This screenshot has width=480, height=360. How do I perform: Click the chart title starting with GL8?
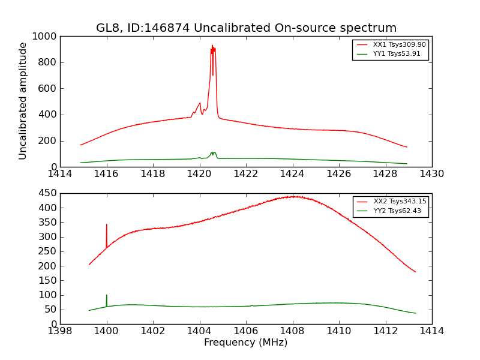[246, 28]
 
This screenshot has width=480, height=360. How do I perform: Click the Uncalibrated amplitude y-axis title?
[23, 101]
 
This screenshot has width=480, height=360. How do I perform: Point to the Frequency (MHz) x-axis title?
[245, 343]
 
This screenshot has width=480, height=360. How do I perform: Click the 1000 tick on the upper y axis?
[46, 37]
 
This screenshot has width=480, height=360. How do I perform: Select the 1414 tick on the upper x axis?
[60, 174]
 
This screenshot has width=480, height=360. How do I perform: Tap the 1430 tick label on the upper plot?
[432, 174]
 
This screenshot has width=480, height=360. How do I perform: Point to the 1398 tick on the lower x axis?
[60, 331]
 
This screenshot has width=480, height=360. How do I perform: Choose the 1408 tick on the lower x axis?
[292, 331]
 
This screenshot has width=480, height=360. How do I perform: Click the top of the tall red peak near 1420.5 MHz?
[212, 46]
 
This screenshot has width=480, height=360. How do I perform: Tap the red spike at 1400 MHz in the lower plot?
[107, 225]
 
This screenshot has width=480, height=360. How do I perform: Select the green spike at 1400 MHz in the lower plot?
[107, 295]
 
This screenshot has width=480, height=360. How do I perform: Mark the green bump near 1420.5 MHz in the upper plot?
[213, 153]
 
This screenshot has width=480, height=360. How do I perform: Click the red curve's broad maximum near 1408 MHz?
[293, 196]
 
